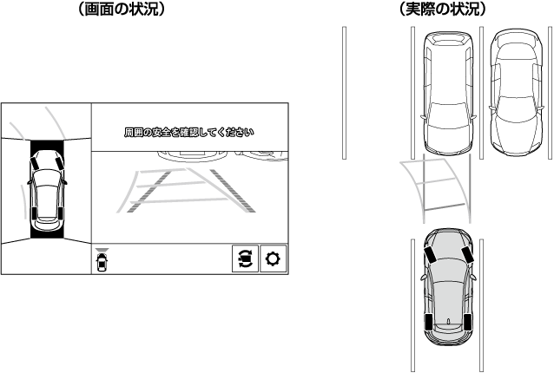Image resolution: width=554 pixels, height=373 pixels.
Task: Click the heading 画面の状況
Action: point(122,9)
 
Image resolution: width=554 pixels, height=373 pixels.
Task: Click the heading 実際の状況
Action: point(443,9)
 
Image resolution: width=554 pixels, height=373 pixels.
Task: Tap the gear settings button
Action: point(273,258)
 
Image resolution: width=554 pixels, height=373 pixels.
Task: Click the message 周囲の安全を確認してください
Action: point(188,133)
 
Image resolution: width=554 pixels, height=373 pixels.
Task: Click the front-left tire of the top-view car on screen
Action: point(35,163)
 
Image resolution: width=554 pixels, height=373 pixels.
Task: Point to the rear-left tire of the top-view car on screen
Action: point(34,213)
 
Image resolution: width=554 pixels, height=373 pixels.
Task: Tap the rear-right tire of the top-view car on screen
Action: point(62,213)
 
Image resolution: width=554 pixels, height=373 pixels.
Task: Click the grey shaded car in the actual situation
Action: point(448,286)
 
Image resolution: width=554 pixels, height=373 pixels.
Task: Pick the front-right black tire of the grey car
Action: point(467,254)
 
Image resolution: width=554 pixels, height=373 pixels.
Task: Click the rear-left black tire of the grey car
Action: point(429,321)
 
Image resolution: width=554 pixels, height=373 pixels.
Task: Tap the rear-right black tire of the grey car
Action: point(467,321)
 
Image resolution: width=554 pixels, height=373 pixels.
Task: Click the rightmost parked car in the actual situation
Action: point(516,93)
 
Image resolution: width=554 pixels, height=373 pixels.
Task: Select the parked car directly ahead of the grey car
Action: point(448,93)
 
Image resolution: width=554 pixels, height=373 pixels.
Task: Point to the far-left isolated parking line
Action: point(344,93)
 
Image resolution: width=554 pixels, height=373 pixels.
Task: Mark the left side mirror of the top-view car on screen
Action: point(29,182)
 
